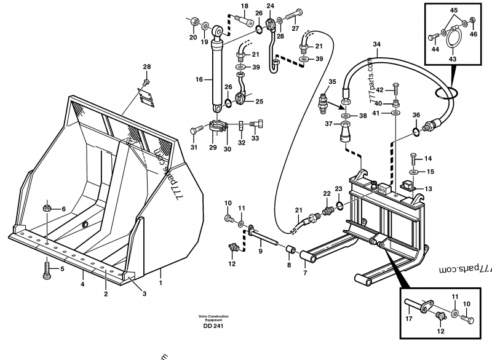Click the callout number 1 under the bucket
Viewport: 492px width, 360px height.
(161, 284)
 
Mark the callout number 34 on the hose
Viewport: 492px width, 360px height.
(377, 44)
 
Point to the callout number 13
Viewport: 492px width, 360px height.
(428, 189)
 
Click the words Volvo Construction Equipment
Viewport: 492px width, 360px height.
(213, 318)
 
